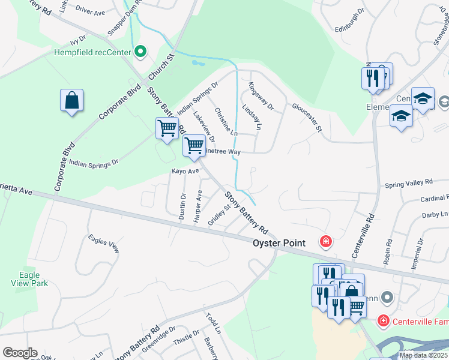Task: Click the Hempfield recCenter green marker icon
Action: [x=140, y=52]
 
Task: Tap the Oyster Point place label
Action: [x=279, y=243]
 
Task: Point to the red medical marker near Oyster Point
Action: [x=325, y=242]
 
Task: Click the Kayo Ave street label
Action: [x=185, y=171]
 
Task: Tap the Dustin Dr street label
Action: [x=183, y=206]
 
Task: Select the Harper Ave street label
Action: [x=198, y=208]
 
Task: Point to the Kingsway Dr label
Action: [x=261, y=97]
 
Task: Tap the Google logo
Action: [x=20, y=353]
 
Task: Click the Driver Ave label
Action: [x=90, y=12]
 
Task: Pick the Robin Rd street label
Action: [x=388, y=253]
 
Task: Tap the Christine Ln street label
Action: [x=226, y=122]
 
